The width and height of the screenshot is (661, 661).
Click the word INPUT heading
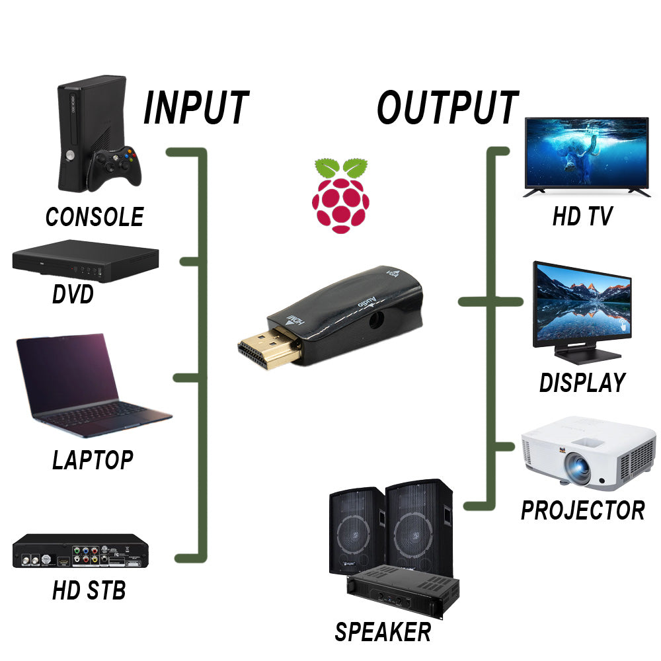click(x=196, y=108)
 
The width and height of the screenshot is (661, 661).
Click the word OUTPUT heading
click(x=447, y=108)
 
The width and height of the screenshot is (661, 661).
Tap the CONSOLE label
click(x=95, y=217)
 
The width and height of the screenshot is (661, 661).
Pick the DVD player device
click(x=86, y=264)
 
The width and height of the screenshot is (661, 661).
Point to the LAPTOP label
click(x=93, y=459)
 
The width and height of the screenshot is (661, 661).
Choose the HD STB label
click(x=89, y=590)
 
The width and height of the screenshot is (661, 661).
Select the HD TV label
click(x=582, y=217)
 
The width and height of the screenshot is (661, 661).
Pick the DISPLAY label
click(x=582, y=383)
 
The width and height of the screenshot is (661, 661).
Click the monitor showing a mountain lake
click(x=582, y=301)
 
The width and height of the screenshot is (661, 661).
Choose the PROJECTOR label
click(x=582, y=510)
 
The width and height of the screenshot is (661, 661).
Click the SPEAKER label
click(x=383, y=632)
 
